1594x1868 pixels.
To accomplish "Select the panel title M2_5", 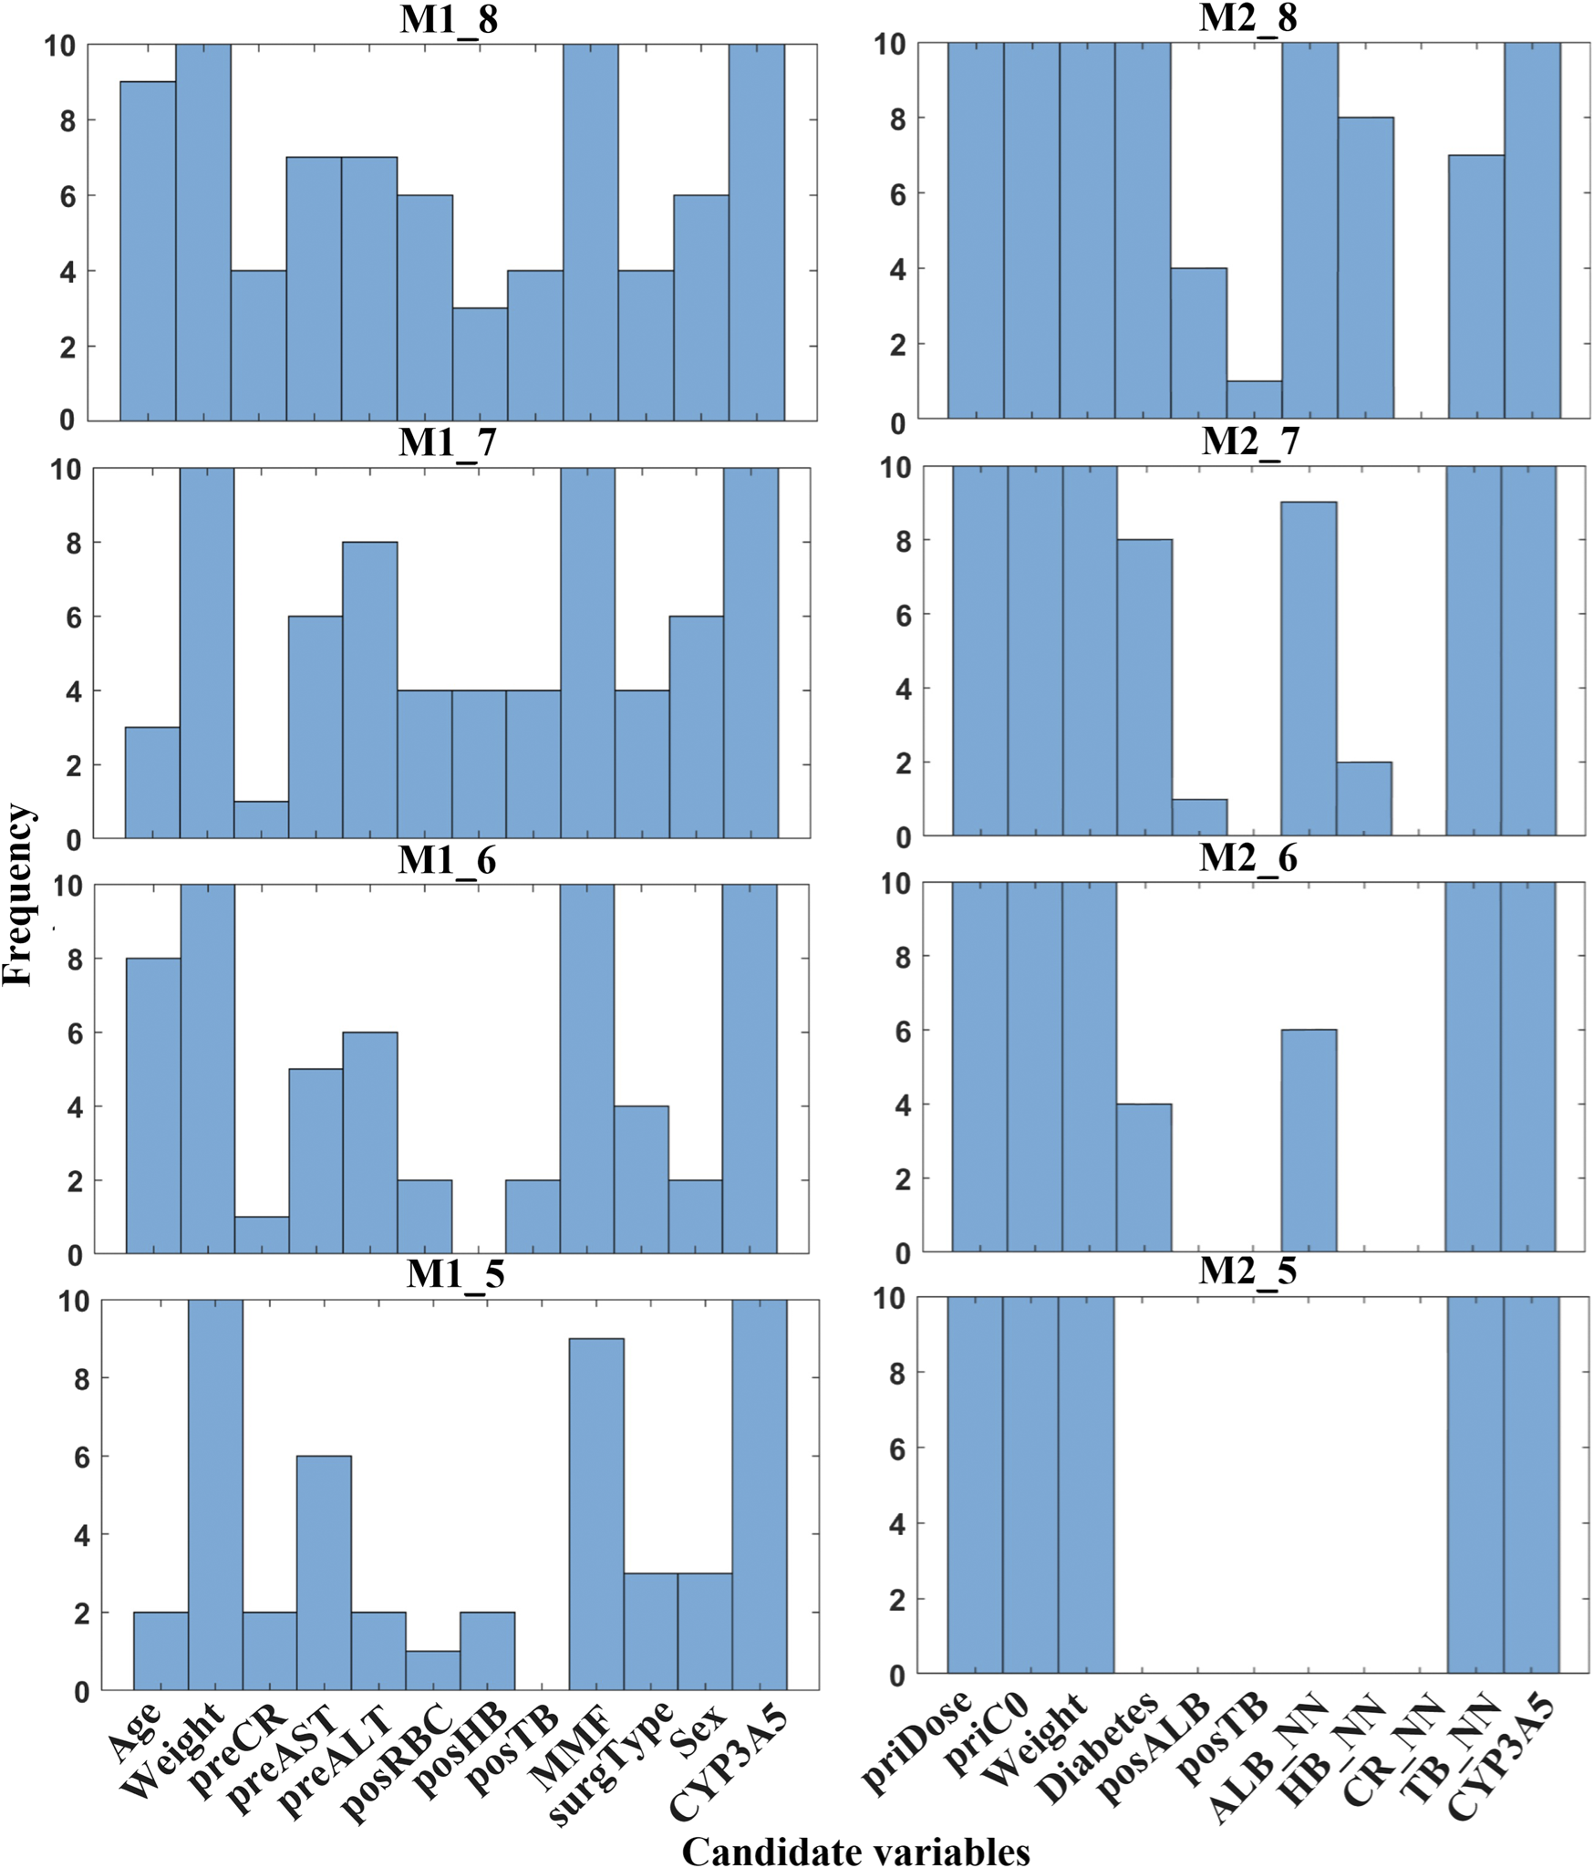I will click(1247, 1271).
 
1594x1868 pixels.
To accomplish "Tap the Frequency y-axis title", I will click(18, 895).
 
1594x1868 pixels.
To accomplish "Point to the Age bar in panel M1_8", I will click(148, 251).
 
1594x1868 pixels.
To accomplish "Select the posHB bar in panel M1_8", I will click(480, 364).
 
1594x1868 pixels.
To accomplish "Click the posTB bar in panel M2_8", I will click(1254, 400).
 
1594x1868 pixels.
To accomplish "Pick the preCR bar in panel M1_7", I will click(261, 819).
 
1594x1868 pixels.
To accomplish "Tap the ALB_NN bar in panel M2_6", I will click(1309, 1140).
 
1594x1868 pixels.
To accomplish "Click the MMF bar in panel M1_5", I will click(596, 1514).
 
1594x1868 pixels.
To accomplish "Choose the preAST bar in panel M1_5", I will click(324, 1572).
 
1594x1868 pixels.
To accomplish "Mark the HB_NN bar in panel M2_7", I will click(1363, 798).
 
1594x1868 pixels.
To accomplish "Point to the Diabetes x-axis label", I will click(1100, 1746).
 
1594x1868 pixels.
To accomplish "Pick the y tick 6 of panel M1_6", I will click(75, 1033).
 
